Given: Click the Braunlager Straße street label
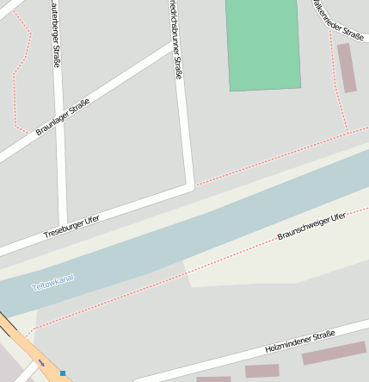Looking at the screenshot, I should click(x=63, y=117).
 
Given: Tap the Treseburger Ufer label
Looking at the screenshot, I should click(x=71, y=227).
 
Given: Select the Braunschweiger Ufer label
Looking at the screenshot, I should click(x=311, y=226).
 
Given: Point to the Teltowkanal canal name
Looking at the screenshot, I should click(x=52, y=282).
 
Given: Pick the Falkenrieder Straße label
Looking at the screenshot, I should click(x=339, y=19).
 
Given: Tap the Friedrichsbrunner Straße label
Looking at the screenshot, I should click(x=175, y=39).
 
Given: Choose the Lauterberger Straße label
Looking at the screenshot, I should click(x=56, y=34).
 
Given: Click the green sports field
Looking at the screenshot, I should click(x=263, y=43).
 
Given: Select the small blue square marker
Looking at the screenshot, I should click(x=63, y=373).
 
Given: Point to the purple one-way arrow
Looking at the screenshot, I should click(x=41, y=363).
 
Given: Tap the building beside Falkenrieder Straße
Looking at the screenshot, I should click(x=347, y=67).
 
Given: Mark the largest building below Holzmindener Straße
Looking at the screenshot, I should click(x=334, y=353).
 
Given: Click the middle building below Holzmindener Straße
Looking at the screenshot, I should click(x=261, y=371).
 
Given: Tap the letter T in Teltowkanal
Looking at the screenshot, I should click(x=34, y=287).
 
